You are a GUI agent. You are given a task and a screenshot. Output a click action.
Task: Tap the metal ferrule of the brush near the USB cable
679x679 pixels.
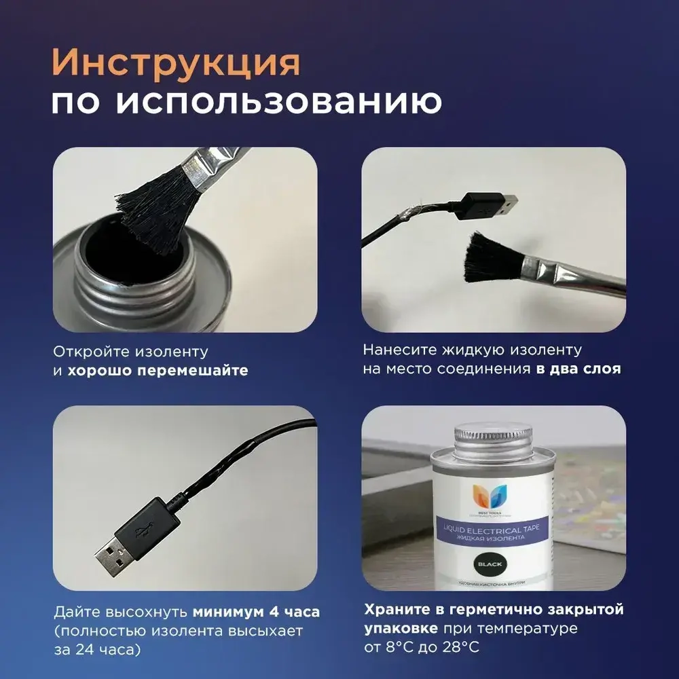567,273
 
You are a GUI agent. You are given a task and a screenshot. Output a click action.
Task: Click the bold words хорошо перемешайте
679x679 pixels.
158,371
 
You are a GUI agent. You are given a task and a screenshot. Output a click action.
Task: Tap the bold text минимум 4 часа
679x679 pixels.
256,612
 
